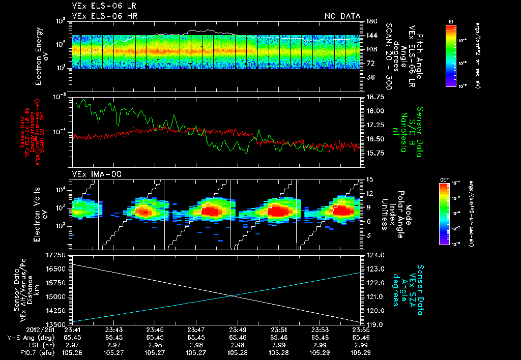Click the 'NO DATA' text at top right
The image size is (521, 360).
(x=342, y=16)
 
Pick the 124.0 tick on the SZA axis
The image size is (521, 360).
(x=376, y=255)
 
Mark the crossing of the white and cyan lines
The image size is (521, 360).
(x=233, y=296)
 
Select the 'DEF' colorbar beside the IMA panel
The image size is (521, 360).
(x=444, y=214)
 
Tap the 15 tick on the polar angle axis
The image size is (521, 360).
(x=370, y=179)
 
